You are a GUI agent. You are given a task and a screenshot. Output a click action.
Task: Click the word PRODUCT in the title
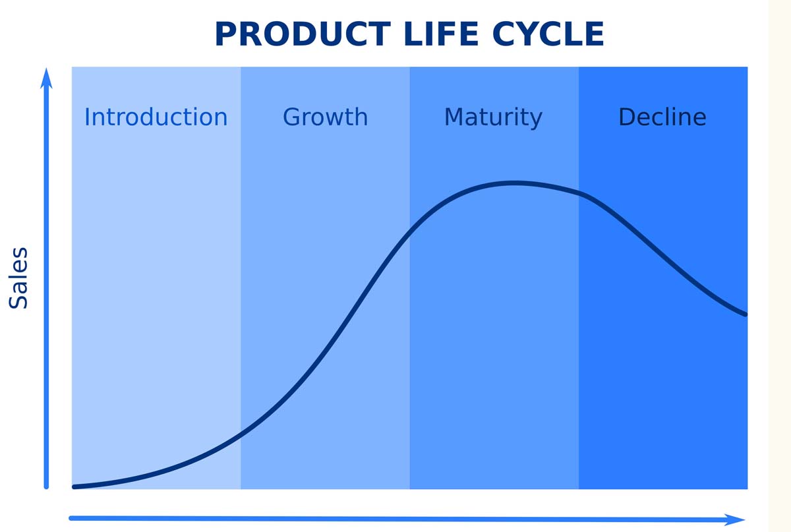click(303, 34)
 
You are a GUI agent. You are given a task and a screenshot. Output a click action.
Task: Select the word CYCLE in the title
click(548, 34)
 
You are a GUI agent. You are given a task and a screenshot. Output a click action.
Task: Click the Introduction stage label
click(156, 117)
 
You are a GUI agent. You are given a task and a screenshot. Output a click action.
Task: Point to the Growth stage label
click(325, 117)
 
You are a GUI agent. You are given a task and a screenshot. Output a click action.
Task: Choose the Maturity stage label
click(493, 118)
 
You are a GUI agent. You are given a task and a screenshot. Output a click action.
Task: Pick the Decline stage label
click(662, 117)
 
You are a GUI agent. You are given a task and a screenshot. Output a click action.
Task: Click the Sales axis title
click(18, 278)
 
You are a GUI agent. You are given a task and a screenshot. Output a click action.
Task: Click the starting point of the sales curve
click(74, 487)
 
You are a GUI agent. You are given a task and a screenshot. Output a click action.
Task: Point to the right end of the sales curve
click(746, 314)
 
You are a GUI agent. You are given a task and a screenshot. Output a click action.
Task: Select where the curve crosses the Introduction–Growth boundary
click(241, 433)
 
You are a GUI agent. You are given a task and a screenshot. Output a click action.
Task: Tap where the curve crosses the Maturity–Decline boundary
click(579, 193)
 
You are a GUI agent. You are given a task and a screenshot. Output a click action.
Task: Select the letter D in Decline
click(627, 117)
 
